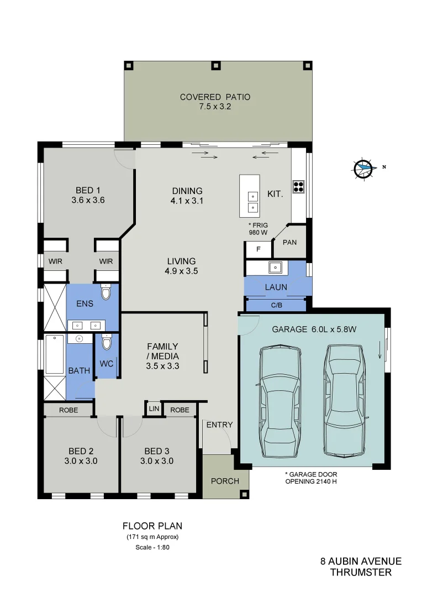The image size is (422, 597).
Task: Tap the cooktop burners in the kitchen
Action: [x=298, y=186]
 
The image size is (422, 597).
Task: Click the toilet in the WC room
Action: [x=107, y=343]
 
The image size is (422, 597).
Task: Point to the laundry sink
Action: [x=275, y=268]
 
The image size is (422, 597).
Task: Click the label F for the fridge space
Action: [x=257, y=250]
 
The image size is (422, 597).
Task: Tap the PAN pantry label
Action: [x=289, y=242]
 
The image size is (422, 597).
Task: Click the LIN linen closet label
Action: [x=153, y=410]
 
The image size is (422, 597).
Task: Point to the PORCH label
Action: [x=225, y=481]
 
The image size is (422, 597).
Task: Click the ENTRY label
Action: [x=219, y=425]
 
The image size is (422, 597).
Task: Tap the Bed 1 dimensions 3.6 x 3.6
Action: [x=88, y=200]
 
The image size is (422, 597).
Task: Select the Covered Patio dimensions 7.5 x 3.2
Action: [x=215, y=107]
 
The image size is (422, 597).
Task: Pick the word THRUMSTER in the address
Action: [x=361, y=573]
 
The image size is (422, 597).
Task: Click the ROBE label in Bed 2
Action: [x=68, y=410]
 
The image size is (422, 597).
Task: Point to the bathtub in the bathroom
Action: [x=55, y=354]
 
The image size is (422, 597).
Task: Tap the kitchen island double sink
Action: [x=252, y=201]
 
